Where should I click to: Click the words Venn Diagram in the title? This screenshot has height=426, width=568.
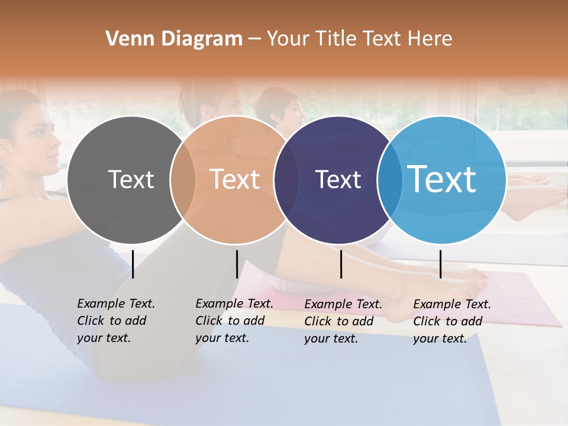(174, 39)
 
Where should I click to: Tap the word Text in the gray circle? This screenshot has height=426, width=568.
(131, 179)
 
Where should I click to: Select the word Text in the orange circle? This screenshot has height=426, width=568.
(235, 179)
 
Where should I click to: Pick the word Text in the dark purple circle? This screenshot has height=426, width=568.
(338, 179)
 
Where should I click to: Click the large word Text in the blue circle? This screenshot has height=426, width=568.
(442, 179)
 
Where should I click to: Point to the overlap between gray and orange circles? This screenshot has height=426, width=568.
(183, 180)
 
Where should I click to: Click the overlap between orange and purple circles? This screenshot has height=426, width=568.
(286, 180)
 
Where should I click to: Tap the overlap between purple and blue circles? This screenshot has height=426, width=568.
(390, 180)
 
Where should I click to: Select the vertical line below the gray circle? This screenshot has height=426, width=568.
(133, 264)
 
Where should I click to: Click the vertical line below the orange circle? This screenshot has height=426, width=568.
(237, 264)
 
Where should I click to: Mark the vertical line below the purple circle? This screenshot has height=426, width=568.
(341, 264)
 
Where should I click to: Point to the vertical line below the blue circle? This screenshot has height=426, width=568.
(440, 264)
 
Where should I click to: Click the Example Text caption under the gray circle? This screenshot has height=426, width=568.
(116, 321)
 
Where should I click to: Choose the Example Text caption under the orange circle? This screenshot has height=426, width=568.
(234, 321)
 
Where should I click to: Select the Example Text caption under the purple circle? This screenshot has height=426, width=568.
(343, 321)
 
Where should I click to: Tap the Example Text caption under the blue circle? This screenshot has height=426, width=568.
(452, 321)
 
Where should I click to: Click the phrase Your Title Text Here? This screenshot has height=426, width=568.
(359, 39)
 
